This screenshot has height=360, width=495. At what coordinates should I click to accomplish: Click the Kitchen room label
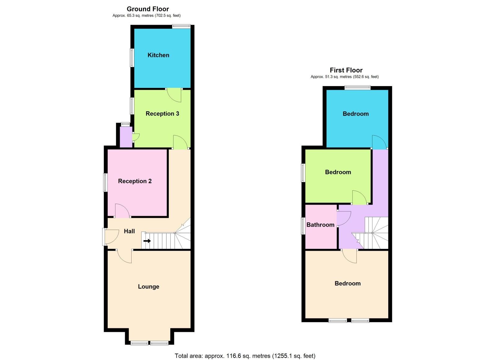coord(158,55)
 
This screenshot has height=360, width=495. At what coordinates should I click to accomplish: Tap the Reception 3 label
coord(162,114)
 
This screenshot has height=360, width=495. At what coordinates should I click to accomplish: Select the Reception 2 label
coord(135,181)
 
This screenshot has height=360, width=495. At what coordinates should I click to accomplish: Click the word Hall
coord(129,231)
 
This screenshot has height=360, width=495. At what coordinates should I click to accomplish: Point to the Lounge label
coord(149,287)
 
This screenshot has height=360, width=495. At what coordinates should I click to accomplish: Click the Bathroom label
coord(320,225)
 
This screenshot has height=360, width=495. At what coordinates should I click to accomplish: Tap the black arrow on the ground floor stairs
coord(147,241)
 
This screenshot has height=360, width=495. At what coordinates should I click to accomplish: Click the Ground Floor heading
coord(148,9)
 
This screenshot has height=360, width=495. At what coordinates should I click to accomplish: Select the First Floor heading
coord(346,70)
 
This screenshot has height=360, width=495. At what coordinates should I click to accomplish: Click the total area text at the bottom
coord(245,356)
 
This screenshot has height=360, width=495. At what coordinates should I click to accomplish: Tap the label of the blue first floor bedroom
coord(355,114)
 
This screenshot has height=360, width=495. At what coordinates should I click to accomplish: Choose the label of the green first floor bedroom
coord(338,172)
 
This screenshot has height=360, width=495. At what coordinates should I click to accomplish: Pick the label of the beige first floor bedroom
coord(347,284)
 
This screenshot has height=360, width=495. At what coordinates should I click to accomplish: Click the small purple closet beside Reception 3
coord(126,137)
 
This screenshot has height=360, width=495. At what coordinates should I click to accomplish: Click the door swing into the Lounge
coord(125,256)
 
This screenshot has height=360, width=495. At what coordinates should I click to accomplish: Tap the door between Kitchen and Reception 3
coord(174,94)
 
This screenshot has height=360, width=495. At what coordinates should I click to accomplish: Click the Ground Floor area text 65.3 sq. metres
coord(146,15)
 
